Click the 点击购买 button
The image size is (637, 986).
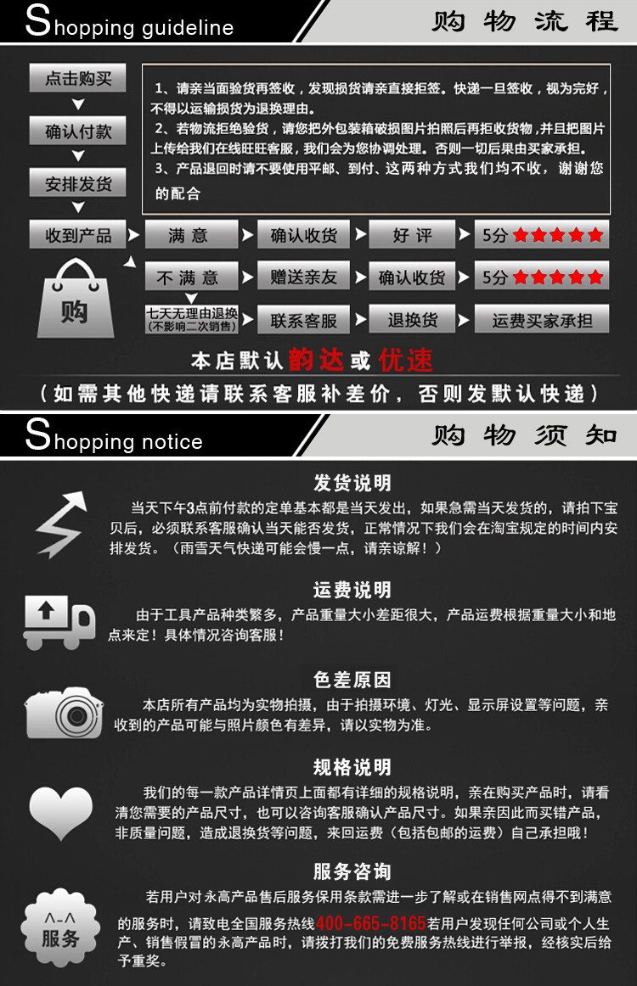pyautogui.click(x=77, y=78)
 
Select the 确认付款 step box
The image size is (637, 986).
pyautogui.click(x=77, y=131)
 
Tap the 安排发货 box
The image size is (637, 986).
pyautogui.click(x=77, y=183)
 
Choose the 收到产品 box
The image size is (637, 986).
pyautogui.click(x=77, y=234)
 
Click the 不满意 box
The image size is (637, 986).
pyautogui.click(x=191, y=277)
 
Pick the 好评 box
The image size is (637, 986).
pyautogui.click(x=412, y=234)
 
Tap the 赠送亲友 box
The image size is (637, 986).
pyautogui.click(x=303, y=276)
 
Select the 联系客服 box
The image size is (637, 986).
pyautogui.click(x=303, y=320)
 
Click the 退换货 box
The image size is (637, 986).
pyautogui.click(x=412, y=319)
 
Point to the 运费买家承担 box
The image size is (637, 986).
pyautogui.click(x=541, y=319)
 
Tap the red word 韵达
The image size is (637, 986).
pyautogui.click(x=316, y=360)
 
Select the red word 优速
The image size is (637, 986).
pyautogui.click(x=405, y=360)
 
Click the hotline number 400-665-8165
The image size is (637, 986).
pyautogui.click(x=371, y=923)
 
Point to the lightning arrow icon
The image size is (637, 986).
pyautogui.click(x=61, y=524)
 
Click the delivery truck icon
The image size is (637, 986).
pyautogui.click(x=59, y=622)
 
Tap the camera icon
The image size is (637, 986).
pyautogui.click(x=64, y=713)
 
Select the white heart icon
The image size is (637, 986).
pyautogui.click(x=60, y=812)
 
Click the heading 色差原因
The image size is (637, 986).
pyautogui.click(x=352, y=680)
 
